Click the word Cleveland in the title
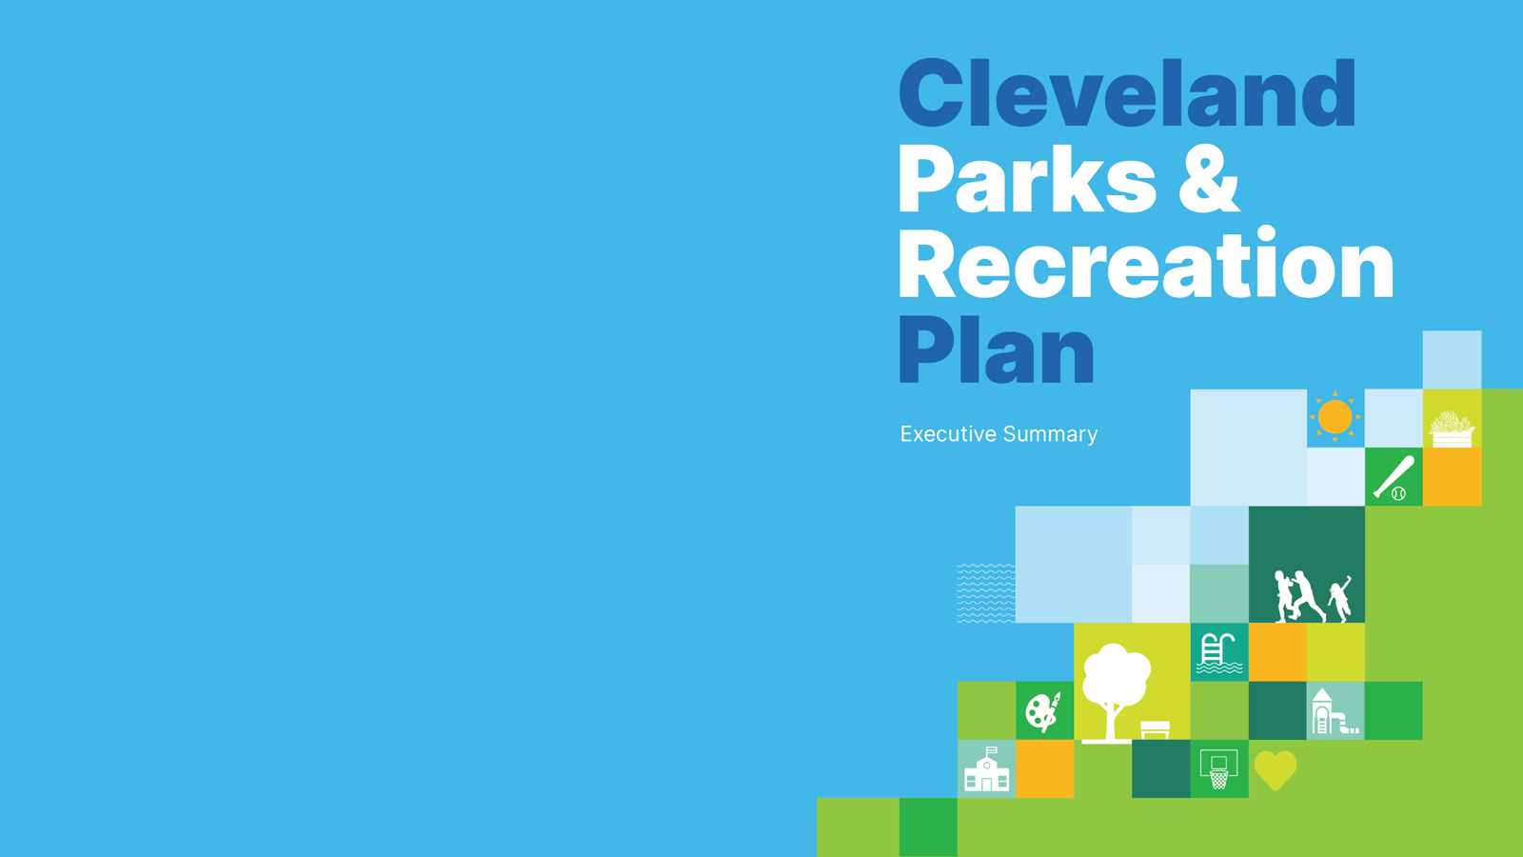pos(1127,93)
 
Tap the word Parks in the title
pos(1026,179)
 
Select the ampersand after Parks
pos(1210,179)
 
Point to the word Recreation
pos(1145,265)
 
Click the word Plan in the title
pos(996,350)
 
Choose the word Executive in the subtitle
pos(948,434)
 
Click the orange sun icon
pos(1335,417)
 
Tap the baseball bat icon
pos(1394,477)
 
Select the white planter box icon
pos(1452,428)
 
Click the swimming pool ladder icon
pos(1218,653)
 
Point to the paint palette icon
pos(1043,711)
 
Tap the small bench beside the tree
pos(1155,729)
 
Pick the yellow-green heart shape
pos(1276,769)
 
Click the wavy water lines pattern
pos(985,592)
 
